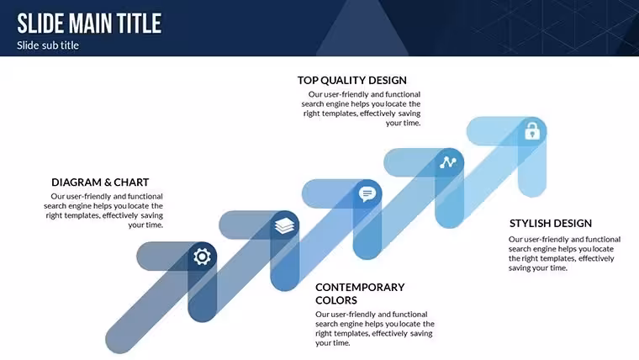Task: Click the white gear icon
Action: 202,257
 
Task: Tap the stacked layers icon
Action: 284,226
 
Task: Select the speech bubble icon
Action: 367,194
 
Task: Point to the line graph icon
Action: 448,162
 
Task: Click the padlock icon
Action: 532,130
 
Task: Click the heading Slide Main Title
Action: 89,24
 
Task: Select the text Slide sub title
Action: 48,45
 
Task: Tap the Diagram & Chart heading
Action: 100,183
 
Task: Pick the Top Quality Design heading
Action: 352,80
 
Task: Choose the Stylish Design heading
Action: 551,224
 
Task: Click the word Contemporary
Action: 360,288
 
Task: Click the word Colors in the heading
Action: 336,300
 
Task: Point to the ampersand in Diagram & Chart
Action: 107,183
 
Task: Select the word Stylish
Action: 529,224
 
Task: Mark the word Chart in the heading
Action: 131,183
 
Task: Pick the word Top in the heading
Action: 308,80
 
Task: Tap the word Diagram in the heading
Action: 77,183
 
